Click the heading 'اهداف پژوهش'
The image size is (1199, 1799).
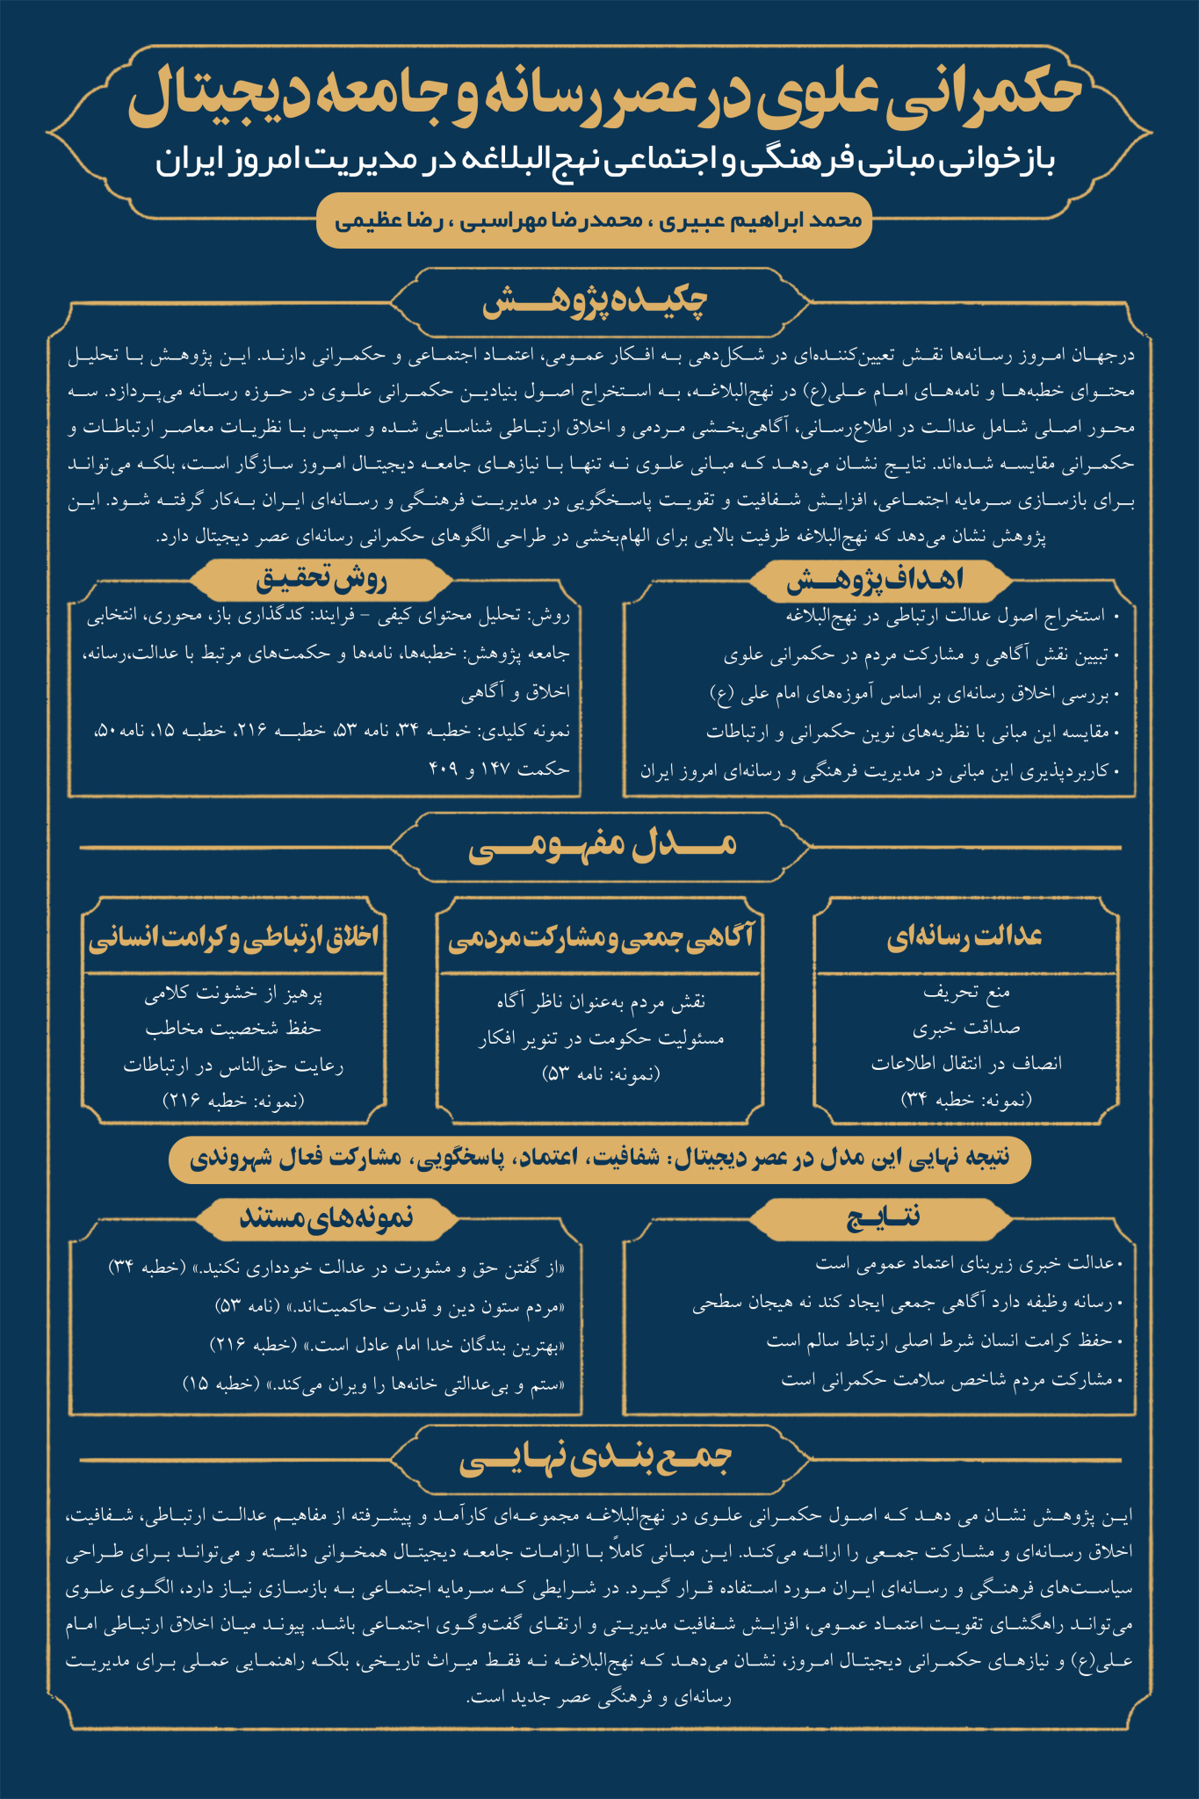point(875,579)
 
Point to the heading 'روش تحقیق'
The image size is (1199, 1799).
point(321,579)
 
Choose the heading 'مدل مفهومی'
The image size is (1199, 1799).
point(602,846)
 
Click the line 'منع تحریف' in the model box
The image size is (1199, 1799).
point(966,993)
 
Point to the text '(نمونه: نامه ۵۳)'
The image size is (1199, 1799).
point(601,1073)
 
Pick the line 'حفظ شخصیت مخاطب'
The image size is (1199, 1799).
point(234,1029)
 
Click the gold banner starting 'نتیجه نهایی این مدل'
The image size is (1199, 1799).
point(599,1158)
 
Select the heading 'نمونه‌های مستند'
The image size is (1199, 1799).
point(326,1217)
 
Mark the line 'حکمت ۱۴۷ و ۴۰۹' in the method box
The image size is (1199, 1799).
point(500,769)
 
